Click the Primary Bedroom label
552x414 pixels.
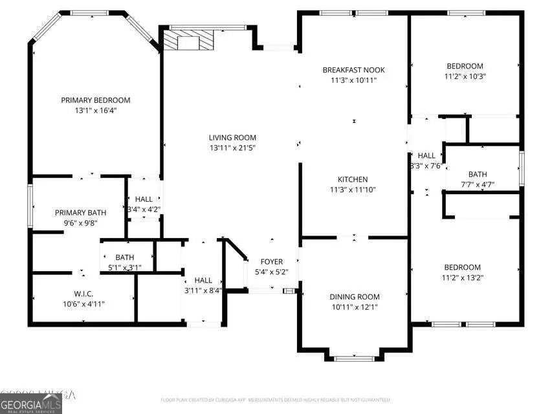96,100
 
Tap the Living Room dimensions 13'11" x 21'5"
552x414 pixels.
232,148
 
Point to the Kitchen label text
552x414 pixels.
353,179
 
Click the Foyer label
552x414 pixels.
272,261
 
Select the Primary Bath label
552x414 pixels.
81,213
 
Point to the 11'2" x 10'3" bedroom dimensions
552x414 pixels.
465,76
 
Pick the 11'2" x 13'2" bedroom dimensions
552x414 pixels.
462,278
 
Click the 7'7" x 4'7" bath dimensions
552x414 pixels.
478,184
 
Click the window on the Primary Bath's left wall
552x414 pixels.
29,197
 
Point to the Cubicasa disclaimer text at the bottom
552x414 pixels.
276,400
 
